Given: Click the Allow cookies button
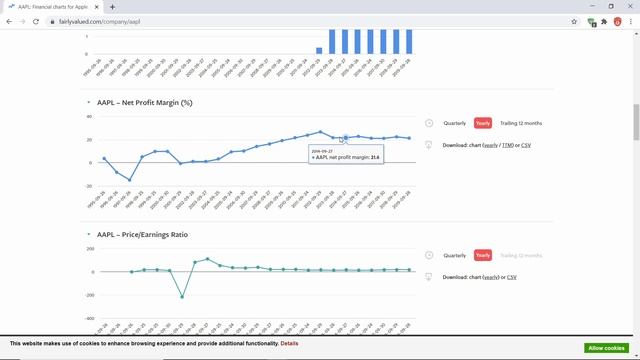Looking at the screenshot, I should point(606,347).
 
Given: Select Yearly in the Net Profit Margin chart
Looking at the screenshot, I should point(483,123).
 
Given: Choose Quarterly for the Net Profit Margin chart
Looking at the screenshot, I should point(455,123).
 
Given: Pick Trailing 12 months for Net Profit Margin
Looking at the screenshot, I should point(521,123).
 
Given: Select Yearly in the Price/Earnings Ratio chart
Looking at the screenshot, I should point(483,255).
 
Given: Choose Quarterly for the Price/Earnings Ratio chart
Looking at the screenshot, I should point(455,255).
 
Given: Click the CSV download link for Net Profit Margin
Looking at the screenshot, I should point(526,145).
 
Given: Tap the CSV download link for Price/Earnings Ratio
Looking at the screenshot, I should point(512,277).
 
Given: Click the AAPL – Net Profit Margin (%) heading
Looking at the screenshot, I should point(144,102).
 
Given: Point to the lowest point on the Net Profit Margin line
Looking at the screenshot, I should point(129,180).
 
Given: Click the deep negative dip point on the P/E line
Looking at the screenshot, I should point(182,296).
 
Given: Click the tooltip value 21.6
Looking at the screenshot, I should point(375,157).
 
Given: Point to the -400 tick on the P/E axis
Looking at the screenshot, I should point(90,318).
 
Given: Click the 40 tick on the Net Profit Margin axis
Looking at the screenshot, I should point(89,115).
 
